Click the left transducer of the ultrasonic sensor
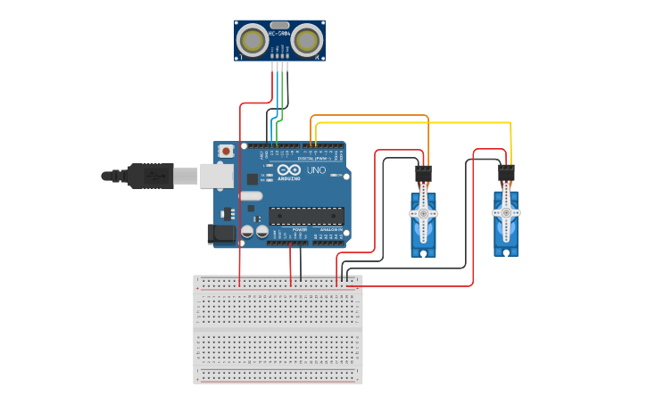coord(253,40)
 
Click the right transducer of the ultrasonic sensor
coord(307,40)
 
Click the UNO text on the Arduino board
coord(316,169)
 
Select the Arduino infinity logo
coord(289,169)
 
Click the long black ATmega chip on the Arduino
coord(306,215)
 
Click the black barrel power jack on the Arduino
coord(220,234)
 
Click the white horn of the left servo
coord(423,214)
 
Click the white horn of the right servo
coord(506,214)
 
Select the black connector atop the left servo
coord(423,172)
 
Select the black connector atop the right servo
coord(506,172)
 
